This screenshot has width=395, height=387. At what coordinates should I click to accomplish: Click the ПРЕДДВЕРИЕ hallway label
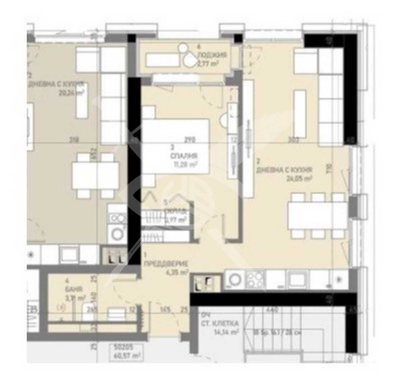click(166, 264)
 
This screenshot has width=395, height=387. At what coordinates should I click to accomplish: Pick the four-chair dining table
click(96, 176)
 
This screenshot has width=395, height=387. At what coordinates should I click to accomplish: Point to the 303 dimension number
click(293, 140)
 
